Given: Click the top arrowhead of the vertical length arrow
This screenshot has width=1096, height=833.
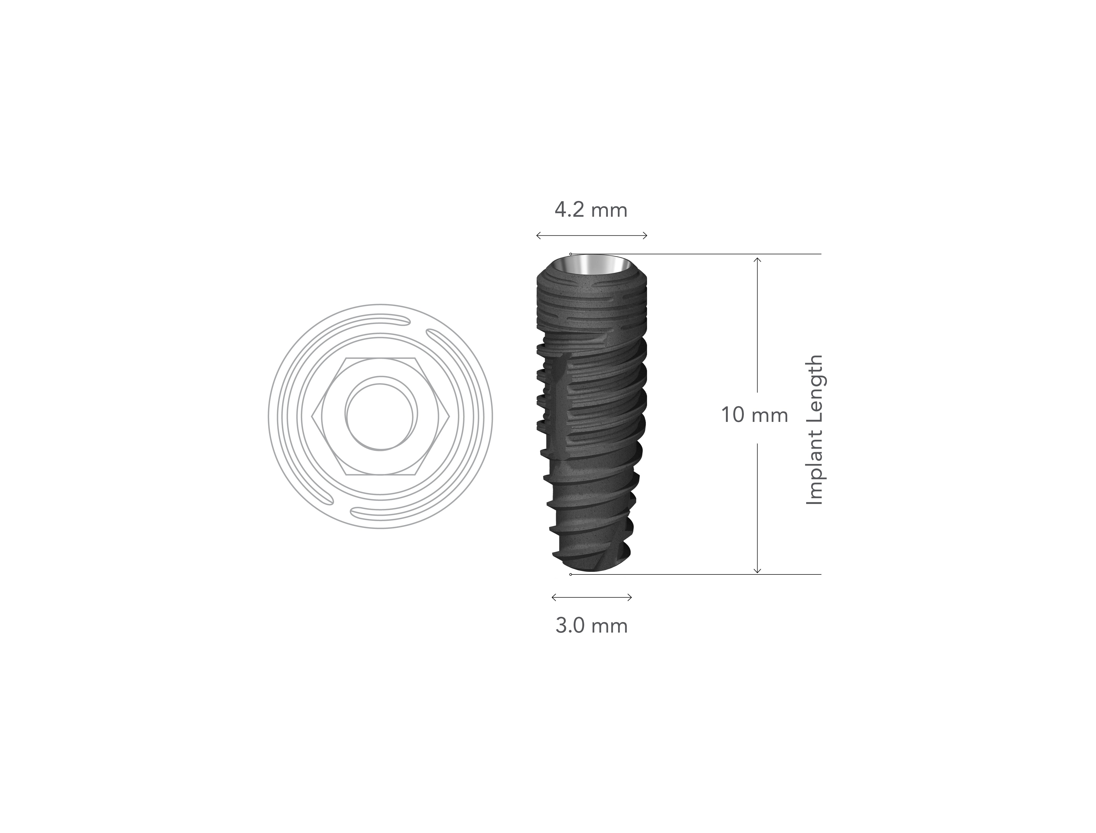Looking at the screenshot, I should click(x=757, y=259).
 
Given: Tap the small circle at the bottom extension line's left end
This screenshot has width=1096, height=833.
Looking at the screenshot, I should click(x=570, y=575).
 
